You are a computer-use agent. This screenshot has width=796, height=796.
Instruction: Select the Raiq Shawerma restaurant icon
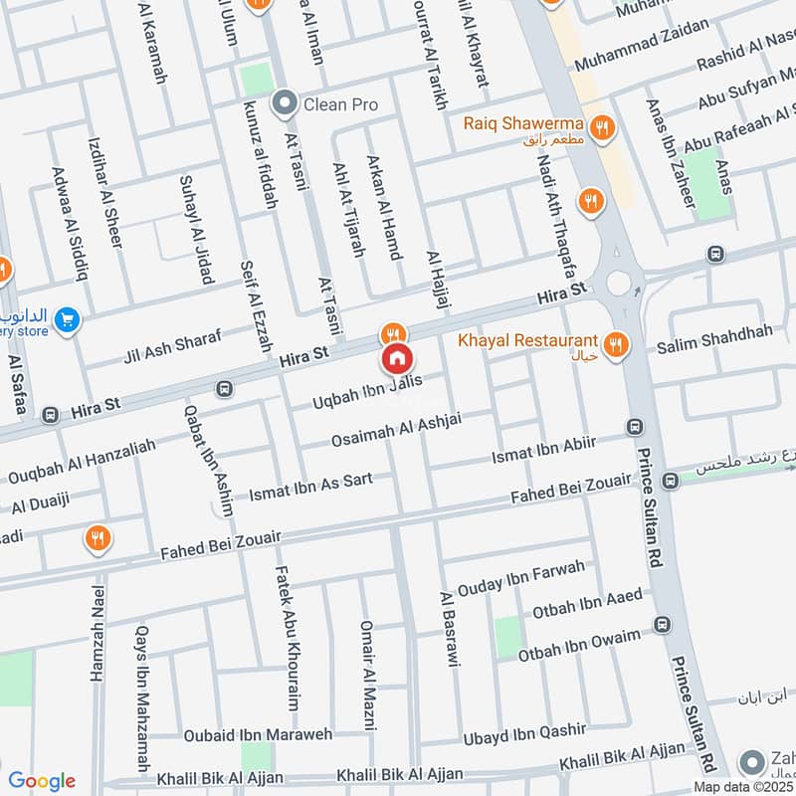[600, 127]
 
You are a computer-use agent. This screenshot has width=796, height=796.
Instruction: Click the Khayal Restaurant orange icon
[617, 345]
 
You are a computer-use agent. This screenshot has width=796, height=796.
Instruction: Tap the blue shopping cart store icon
[67, 319]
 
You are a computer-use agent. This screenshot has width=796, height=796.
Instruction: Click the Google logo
[41, 781]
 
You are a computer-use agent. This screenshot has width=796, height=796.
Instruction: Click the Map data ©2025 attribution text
[743, 787]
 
